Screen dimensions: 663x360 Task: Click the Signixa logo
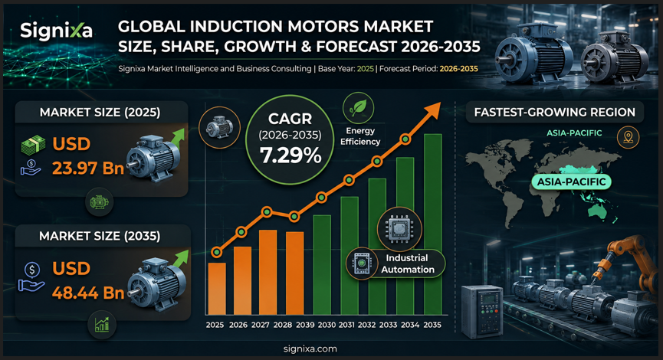pos(56,31)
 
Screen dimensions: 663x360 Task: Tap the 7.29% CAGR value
pos(290,155)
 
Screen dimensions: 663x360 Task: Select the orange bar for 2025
pos(216,289)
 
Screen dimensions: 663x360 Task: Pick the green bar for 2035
pos(432,224)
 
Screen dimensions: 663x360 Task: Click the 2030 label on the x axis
pos(327,325)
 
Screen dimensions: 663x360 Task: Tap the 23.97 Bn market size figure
pos(88,169)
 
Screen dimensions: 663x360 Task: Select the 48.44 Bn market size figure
pos(88,293)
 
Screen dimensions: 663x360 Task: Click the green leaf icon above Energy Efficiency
pos(358,108)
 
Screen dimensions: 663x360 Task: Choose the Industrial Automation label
pos(408,263)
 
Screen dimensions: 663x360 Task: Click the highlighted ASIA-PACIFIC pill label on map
pos(571,182)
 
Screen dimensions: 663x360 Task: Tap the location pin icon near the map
pos(628,137)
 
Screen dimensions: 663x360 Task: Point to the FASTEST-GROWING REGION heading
pos(554,112)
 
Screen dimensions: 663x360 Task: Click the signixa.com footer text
pos(310,349)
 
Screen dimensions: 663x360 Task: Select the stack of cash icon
pos(33,145)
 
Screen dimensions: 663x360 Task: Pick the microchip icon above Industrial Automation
pos(399,229)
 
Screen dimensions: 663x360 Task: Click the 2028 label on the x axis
pos(283,325)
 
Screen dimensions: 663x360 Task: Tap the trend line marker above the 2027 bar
pos(267,211)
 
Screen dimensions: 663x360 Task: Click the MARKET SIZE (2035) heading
pos(100,236)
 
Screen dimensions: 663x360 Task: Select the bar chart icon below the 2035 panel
pos(101,325)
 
